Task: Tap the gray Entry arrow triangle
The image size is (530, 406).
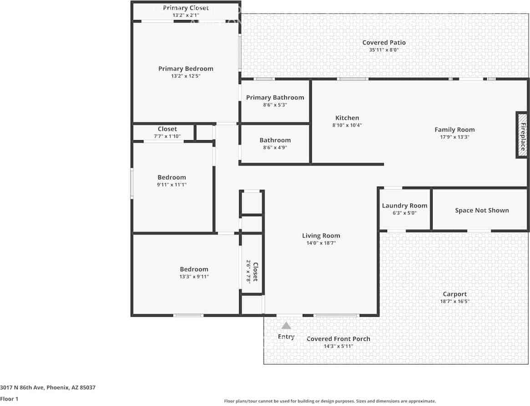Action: [286, 325]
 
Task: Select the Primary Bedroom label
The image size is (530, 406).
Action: [186, 69]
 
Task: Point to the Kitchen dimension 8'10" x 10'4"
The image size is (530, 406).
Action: [347, 125]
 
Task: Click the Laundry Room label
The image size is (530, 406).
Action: [404, 206]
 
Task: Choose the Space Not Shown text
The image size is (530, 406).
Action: [482, 210]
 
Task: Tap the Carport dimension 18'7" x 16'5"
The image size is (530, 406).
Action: [454, 301]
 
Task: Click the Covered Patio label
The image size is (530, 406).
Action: [384, 43]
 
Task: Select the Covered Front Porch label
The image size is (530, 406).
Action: [338, 339]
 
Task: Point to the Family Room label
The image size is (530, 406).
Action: [454, 130]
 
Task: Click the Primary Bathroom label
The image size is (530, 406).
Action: [275, 97]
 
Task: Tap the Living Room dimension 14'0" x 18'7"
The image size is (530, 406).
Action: [321, 243]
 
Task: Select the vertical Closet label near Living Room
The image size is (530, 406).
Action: [255, 272]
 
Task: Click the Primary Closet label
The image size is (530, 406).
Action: [186, 8]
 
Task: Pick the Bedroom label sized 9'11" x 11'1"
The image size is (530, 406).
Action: [172, 178]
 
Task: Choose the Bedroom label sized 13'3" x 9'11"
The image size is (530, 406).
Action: [194, 269]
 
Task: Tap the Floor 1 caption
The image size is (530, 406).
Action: [9, 399]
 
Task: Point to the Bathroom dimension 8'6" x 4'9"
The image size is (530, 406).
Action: [275, 147]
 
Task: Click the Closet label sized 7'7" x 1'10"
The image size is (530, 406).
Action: [167, 129]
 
